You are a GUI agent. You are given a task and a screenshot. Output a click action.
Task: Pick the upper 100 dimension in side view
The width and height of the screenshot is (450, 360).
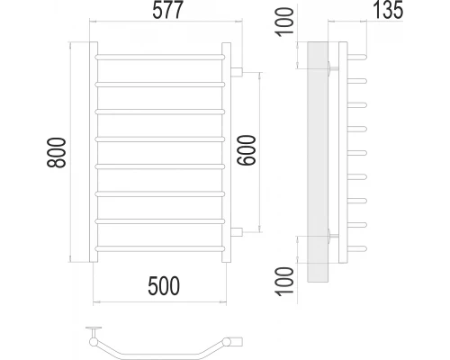pyautogui.click(x=285, y=23)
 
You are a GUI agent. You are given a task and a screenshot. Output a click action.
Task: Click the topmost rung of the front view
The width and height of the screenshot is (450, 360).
pyautogui.click(x=160, y=58)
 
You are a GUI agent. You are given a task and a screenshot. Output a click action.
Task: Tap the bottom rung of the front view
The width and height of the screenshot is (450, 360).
pyautogui.click(x=160, y=247)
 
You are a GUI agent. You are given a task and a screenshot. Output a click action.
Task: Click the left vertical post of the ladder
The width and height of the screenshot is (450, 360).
pyautogui.click(x=94, y=153)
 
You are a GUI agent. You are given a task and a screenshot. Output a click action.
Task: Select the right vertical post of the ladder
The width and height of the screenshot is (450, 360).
pyautogui.click(x=227, y=153)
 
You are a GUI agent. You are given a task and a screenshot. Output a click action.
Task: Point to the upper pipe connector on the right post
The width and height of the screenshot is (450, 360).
pyautogui.click(x=237, y=70)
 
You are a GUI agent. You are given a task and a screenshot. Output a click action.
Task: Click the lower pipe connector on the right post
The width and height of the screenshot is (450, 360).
pyautogui.click(x=237, y=232)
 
